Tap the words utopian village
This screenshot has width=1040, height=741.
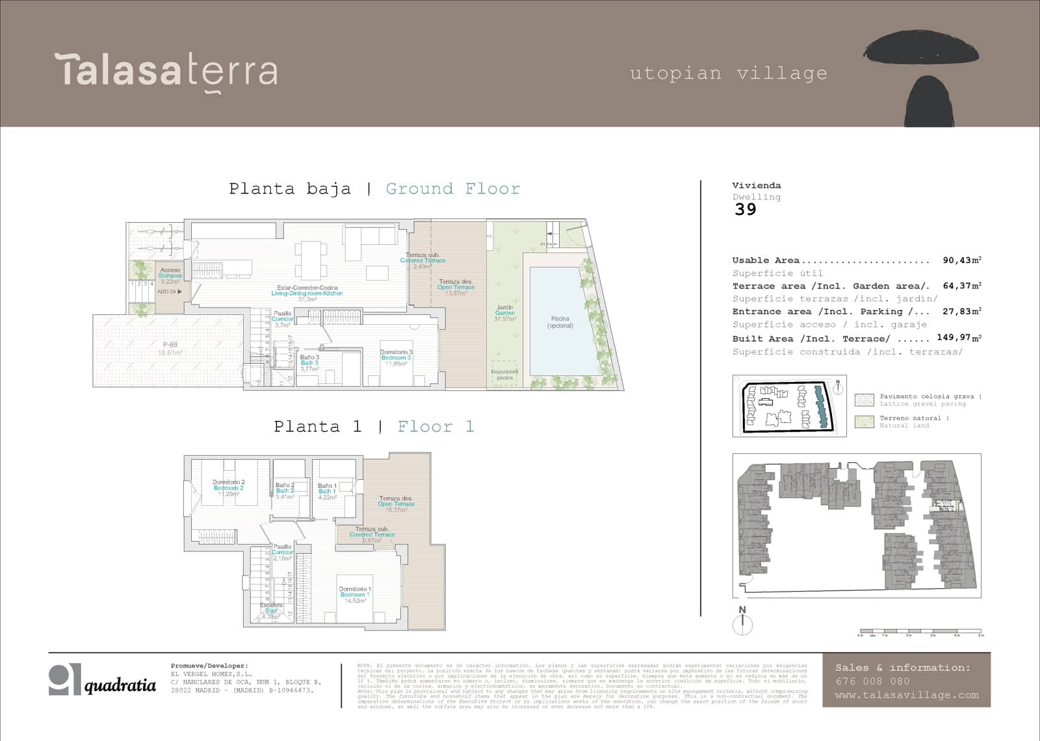coord(729,73)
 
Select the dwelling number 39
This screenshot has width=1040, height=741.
coord(746,209)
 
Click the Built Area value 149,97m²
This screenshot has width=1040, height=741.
coord(959,338)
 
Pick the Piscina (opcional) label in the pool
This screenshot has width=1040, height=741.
coord(560,322)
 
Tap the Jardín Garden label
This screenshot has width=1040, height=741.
coord(505,312)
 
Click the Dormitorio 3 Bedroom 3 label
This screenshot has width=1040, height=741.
coord(396,358)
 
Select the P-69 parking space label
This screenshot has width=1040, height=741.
coord(170,349)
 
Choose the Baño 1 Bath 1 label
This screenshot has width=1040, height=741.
coord(327,488)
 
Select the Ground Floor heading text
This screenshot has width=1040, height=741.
coord(452,189)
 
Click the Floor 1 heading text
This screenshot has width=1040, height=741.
coord(435,427)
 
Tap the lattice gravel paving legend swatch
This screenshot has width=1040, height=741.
coord(864,399)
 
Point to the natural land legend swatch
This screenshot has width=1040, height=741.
coord(864,421)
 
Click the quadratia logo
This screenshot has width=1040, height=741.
coord(103,680)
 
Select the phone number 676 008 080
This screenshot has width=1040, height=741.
coord(872,681)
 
